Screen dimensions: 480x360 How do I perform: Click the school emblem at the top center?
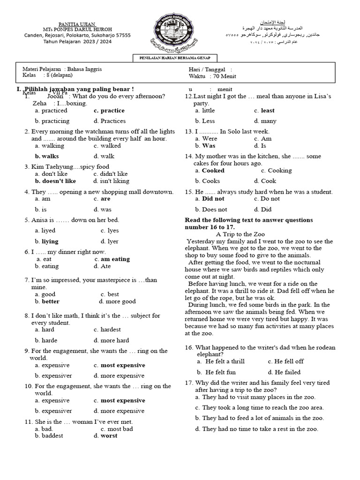click(x=180, y=32)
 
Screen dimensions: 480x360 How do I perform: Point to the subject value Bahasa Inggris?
click(x=84, y=69)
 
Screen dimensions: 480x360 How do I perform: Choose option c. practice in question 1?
click(x=109, y=111)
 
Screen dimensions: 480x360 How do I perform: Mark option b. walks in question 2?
click(x=47, y=156)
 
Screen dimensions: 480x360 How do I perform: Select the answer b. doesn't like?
click(x=55, y=181)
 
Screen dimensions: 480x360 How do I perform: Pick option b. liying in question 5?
click(x=47, y=241)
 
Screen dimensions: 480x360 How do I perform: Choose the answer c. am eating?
click(x=112, y=259)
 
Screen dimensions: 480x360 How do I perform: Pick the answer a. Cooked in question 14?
click(x=210, y=171)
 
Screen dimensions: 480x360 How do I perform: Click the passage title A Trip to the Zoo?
click(x=240, y=234)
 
